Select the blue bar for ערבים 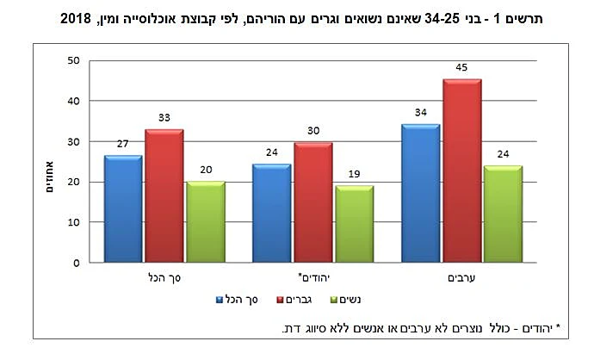(x=420, y=193)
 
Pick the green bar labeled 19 (x=354, y=224)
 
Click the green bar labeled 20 (x=204, y=221)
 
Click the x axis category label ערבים (x=461, y=278)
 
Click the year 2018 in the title (x=77, y=17)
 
